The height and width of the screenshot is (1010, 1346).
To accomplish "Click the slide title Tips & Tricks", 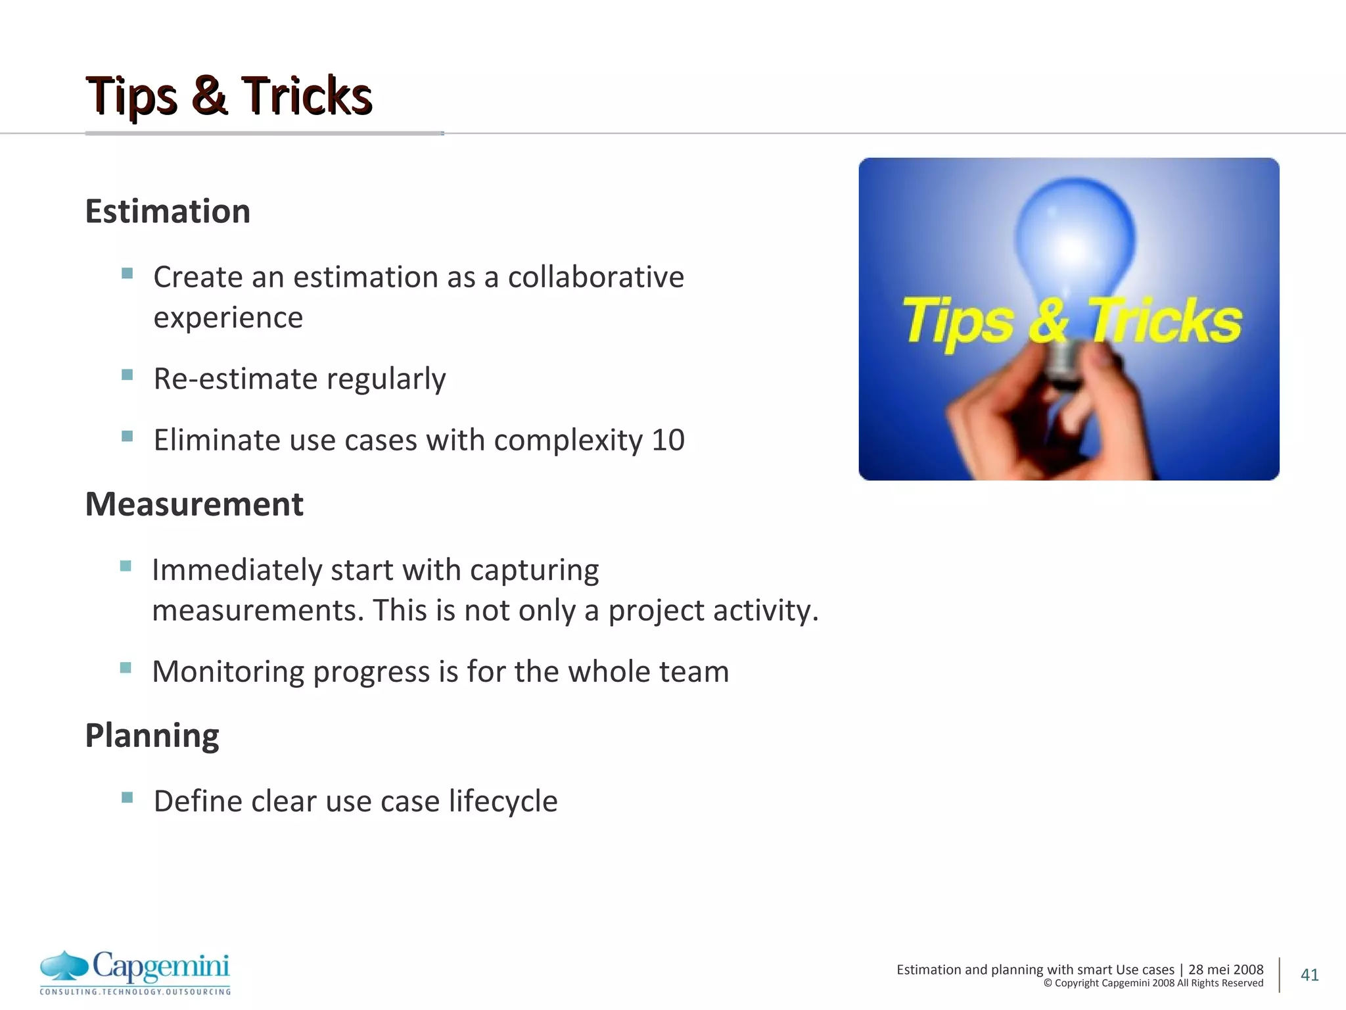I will pos(229,96).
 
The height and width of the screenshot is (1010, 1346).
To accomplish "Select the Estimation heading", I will pos(168,211).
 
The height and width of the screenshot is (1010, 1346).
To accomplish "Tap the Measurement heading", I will pos(194,504).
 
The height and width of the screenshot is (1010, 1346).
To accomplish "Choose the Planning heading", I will pos(152,735).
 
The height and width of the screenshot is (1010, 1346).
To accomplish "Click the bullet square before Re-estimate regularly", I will pos(128,375).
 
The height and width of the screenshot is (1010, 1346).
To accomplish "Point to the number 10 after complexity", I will pos(668,440).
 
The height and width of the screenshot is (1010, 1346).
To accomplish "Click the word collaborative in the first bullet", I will pos(595,277).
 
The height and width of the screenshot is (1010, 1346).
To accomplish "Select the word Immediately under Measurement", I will pos(237,569).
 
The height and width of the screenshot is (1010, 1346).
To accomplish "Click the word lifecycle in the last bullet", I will pos(503,801).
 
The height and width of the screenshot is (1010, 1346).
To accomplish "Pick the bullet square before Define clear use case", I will pos(128,798).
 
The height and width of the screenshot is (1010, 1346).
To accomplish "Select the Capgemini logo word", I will pos(161,965).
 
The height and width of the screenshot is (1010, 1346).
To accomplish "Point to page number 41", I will pos(1309,974).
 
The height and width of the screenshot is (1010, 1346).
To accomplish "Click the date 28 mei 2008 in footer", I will pos(1225,969).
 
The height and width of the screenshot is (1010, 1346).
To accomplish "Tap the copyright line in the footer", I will pos(1153,983).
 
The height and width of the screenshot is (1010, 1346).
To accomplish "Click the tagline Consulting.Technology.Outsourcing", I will pos(135,992).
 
